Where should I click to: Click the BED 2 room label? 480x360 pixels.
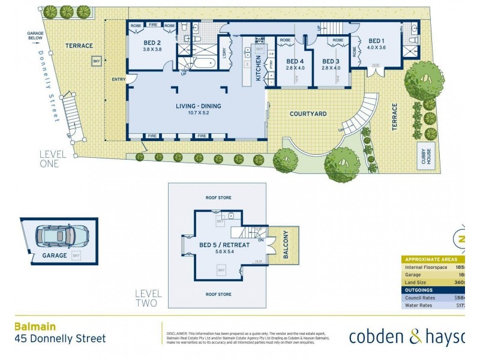pos(152,43)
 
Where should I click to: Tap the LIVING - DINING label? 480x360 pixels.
pos(198,106)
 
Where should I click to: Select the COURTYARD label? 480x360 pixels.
pos(308,113)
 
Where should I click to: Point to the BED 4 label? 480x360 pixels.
pos(295,61)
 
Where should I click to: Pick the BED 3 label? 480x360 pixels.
pos(331,61)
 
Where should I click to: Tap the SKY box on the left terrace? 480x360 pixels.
pos(96,61)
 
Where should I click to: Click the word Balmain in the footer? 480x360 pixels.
pos(35,327)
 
